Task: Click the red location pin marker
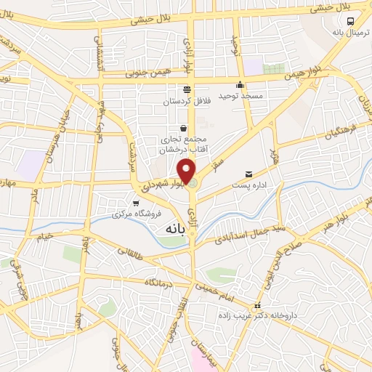pyautogui.click(x=187, y=171)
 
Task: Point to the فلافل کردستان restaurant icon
pyautogui.click(x=187, y=89)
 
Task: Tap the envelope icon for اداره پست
pyautogui.click(x=249, y=174)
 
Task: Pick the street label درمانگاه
pyautogui.click(x=161, y=281)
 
